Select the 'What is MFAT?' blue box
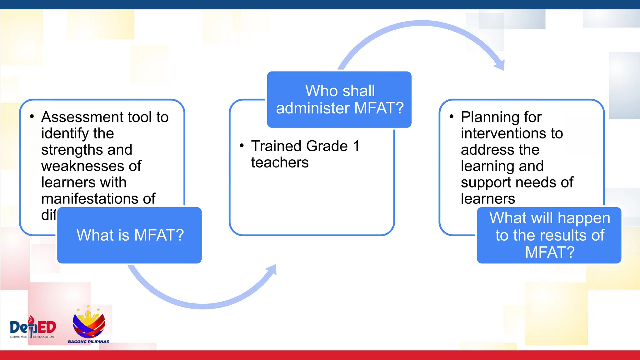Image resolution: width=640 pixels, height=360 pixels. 130,235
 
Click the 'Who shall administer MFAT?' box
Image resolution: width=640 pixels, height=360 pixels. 339,99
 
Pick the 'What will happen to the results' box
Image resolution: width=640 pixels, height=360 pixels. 549,235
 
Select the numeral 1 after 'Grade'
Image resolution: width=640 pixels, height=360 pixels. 356,146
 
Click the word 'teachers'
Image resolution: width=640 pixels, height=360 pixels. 280,163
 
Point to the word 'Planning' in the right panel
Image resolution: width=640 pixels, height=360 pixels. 489,117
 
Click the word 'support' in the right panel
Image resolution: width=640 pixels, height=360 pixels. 485,182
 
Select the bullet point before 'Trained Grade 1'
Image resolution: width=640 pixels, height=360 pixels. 242,146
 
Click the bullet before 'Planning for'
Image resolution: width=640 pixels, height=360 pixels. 451,117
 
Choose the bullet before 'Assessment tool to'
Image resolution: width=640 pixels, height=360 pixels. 32,117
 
